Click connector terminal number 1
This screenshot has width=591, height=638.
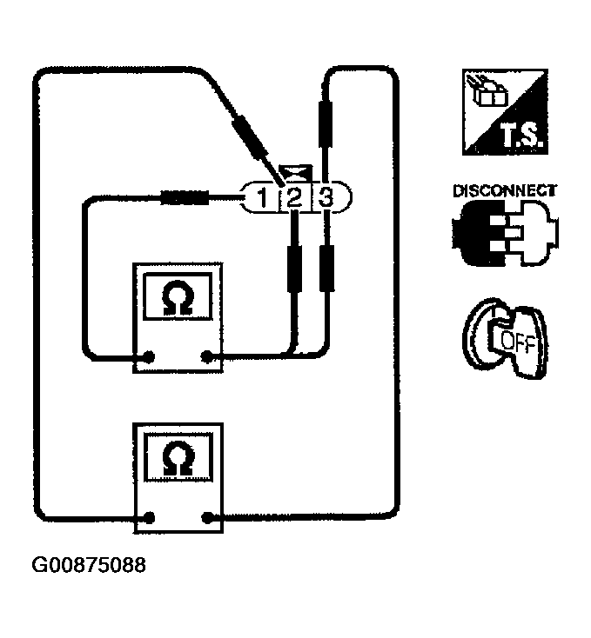[x=262, y=199]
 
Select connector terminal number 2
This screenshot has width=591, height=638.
[x=294, y=199]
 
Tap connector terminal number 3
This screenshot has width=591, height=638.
[x=326, y=198]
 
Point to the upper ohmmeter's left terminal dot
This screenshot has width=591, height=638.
[x=151, y=356]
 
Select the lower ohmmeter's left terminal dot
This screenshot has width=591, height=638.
[x=151, y=519]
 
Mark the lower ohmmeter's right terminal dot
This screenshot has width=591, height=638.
[x=207, y=519]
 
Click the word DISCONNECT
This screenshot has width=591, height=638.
[x=504, y=191]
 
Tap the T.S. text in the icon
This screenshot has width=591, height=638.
[x=520, y=136]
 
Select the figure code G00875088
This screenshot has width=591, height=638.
[x=89, y=565]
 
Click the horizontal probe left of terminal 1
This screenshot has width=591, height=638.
[x=185, y=198]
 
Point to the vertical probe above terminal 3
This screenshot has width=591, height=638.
[x=326, y=121]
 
